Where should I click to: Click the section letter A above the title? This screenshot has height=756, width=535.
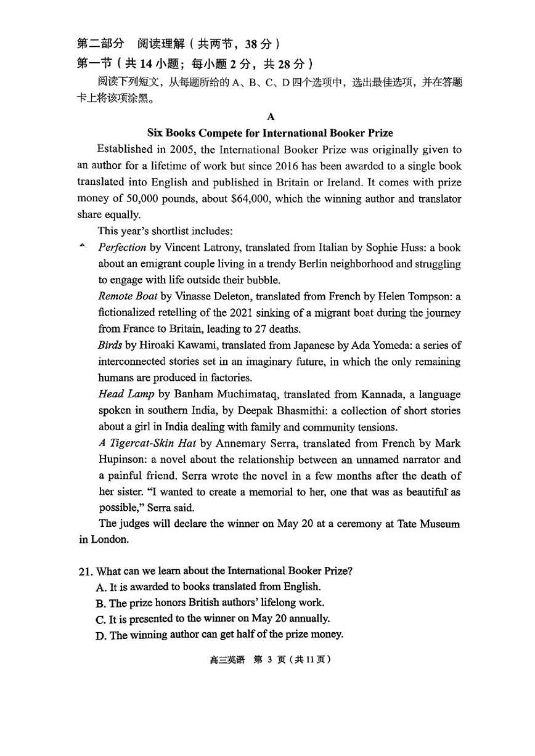271,116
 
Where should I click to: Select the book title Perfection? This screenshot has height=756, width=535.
122,247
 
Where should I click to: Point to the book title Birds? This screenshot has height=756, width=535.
110,345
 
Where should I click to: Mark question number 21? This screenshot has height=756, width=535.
85,571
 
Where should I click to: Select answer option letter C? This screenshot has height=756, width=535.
101,619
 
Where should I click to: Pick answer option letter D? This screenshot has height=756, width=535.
101,635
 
